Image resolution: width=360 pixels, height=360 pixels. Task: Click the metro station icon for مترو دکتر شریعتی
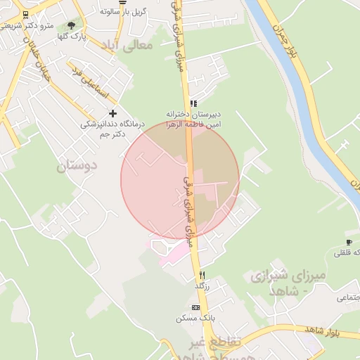pos(25,15)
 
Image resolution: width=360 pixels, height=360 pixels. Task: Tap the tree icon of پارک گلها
pos(71,25)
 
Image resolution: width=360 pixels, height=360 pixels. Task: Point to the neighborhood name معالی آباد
pos(136,46)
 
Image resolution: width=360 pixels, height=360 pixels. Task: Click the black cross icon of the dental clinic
pos(112,113)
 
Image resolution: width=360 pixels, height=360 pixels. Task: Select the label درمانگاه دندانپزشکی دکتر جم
pos(111,129)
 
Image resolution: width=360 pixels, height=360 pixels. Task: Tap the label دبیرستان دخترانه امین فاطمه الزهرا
pos(193,118)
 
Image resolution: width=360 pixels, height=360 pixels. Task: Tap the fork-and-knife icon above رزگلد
pos(202,275)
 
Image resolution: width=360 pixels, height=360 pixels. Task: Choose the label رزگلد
pos(202,285)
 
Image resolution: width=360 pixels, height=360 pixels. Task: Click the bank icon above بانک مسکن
pos(195,307)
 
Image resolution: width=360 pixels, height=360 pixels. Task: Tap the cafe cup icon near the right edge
pos(349,243)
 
